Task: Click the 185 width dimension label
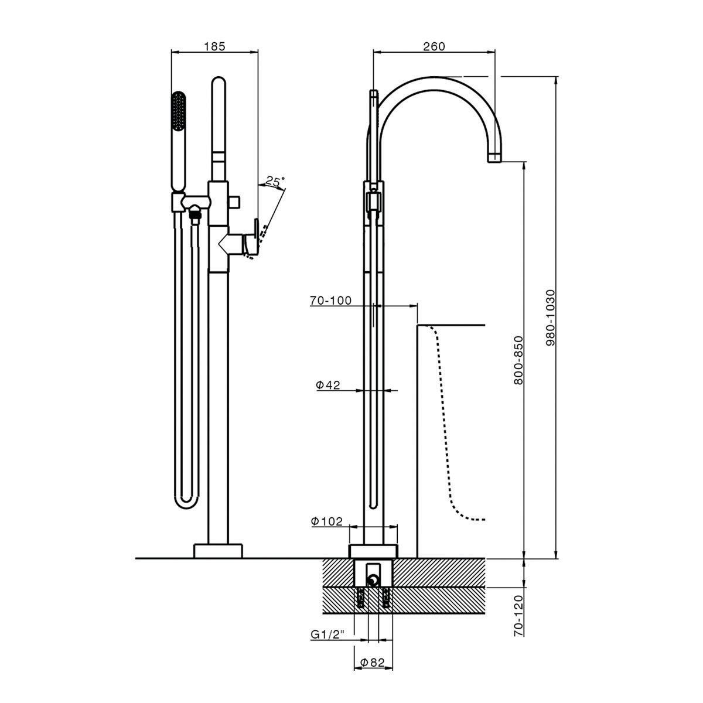214,46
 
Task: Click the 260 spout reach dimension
434,46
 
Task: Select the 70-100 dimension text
331,301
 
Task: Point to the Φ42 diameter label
328,385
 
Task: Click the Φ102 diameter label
327,521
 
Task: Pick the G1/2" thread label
328,634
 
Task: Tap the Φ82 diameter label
373,663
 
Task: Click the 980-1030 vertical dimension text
550,317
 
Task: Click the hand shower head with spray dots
179,117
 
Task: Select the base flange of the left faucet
218,551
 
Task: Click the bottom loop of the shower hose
187,501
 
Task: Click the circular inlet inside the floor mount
373,580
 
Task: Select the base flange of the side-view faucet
373,551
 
